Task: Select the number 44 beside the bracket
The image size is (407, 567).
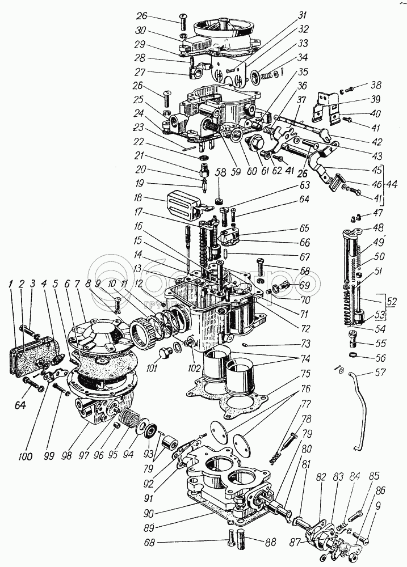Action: pos(391,184)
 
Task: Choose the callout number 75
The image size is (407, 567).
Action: pos(305,374)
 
